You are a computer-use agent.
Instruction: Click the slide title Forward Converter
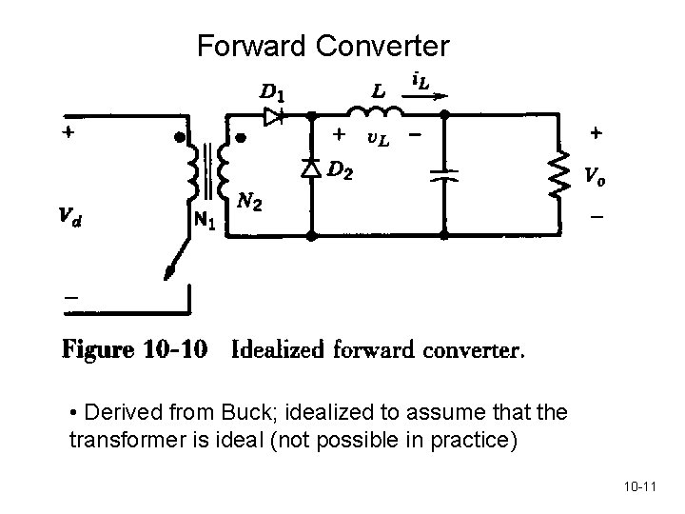tap(323, 45)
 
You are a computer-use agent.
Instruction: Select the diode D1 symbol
tap(275, 117)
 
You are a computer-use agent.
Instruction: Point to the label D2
tap(342, 170)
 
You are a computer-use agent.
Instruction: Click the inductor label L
tap(379, 91)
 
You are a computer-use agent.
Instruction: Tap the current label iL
tap(418, 83)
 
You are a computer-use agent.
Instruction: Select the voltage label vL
tap(378, 141)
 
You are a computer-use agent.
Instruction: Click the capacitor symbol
tap(442, 175)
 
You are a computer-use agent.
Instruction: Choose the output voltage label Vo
tap(593, 176)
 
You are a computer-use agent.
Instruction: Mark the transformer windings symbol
tap(210, 171)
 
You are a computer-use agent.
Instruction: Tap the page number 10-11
tap(642, 488)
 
